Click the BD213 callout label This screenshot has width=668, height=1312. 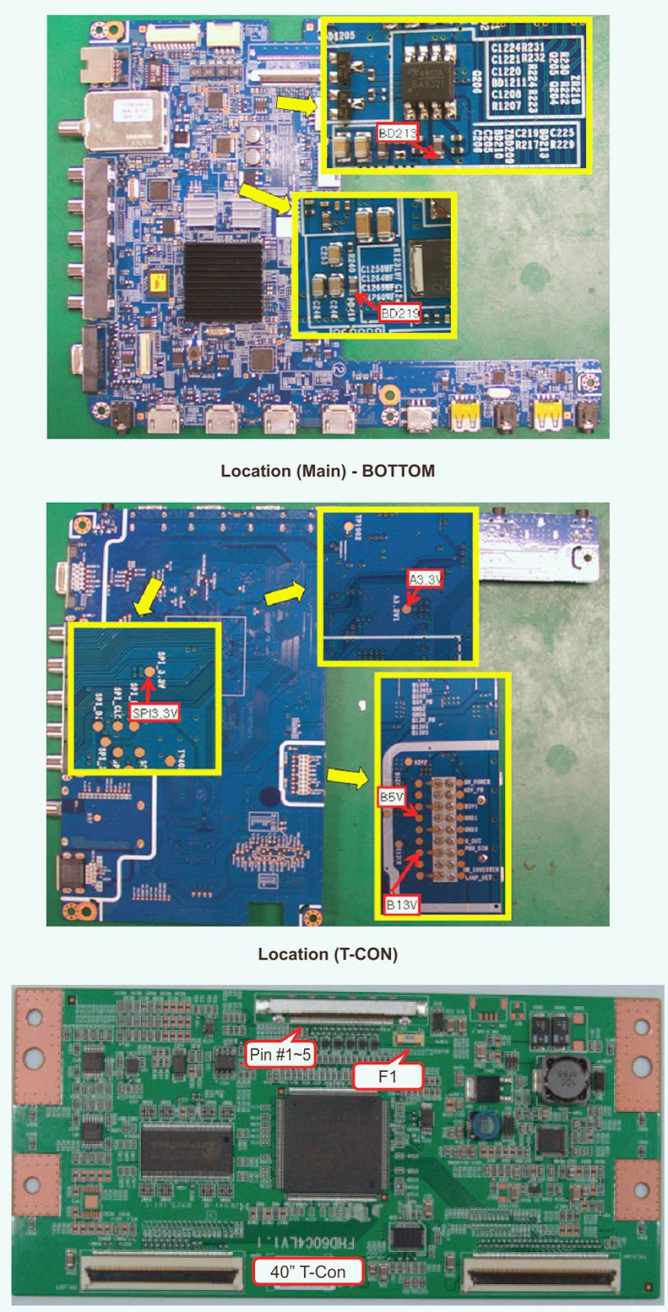pos(398,133)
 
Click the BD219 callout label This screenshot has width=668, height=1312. pos(400,312)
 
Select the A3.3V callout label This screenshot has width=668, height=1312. pos(425,579)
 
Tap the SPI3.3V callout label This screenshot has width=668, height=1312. pos(155,713)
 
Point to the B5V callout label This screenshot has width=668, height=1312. pos(391,796)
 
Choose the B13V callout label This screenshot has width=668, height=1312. pos(402,904)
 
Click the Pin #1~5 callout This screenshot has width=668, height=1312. pos(280,1054)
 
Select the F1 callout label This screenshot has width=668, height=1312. pos(387,1076)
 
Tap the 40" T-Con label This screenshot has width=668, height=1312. pos(308,1271)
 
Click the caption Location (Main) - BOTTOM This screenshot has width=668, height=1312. pos(327,471)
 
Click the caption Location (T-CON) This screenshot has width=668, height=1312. pos(327,954)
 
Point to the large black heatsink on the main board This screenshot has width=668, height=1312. pos(223,281)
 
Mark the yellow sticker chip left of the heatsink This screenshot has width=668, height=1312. pos(155,283)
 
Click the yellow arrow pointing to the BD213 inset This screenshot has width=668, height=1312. pos(293,104)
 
